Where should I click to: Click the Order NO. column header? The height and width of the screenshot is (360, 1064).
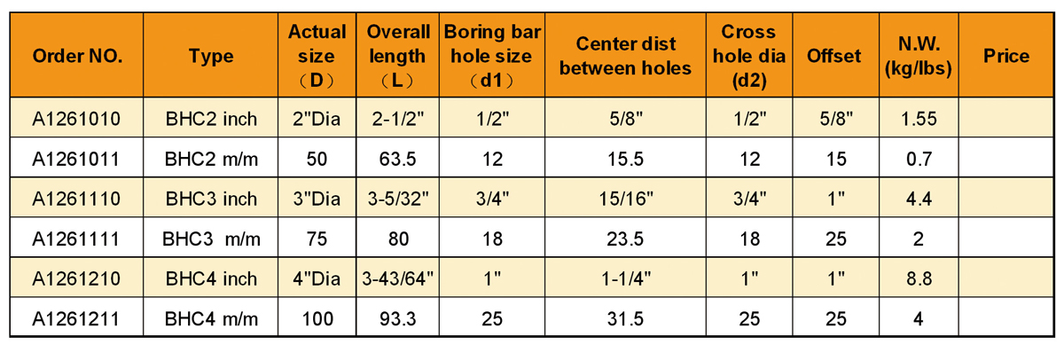click(77, 56)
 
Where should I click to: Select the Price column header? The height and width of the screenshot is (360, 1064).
click(1005, 56)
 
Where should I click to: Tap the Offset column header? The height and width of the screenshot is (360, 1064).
click(833, 56)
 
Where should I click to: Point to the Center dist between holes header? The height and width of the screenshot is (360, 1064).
click(625, 56)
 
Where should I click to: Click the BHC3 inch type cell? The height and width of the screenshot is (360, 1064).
click(211, 199)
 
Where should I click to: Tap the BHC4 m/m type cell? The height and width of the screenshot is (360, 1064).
click(211, 318)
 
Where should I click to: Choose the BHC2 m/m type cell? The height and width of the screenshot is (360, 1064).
click(211, 159)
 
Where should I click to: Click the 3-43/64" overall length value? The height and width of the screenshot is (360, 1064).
click(398, 278)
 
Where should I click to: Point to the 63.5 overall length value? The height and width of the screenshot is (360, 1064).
click(398, 159)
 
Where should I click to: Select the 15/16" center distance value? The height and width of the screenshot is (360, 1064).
click(625, 199)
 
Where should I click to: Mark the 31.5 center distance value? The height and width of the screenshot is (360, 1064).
click(625, 318)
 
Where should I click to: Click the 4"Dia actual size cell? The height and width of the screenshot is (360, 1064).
click(317, 278)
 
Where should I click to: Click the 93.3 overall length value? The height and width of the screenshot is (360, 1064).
click(398, 318)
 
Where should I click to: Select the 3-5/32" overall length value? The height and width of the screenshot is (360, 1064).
click(398, 199)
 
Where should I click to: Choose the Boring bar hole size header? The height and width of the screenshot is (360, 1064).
click(493, 56)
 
